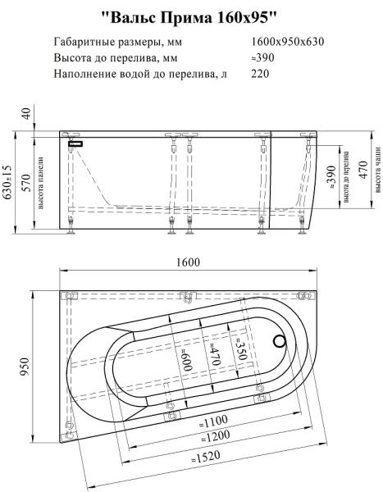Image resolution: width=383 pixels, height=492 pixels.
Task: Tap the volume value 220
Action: tap(262, 74)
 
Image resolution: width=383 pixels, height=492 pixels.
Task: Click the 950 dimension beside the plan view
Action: tap(25, 365)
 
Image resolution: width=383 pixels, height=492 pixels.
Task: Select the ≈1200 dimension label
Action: tap(217, 435)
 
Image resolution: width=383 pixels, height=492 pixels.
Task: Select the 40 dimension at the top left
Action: tap(25, 113)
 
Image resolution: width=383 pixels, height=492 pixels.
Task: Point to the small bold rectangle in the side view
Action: tap(75, 143)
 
